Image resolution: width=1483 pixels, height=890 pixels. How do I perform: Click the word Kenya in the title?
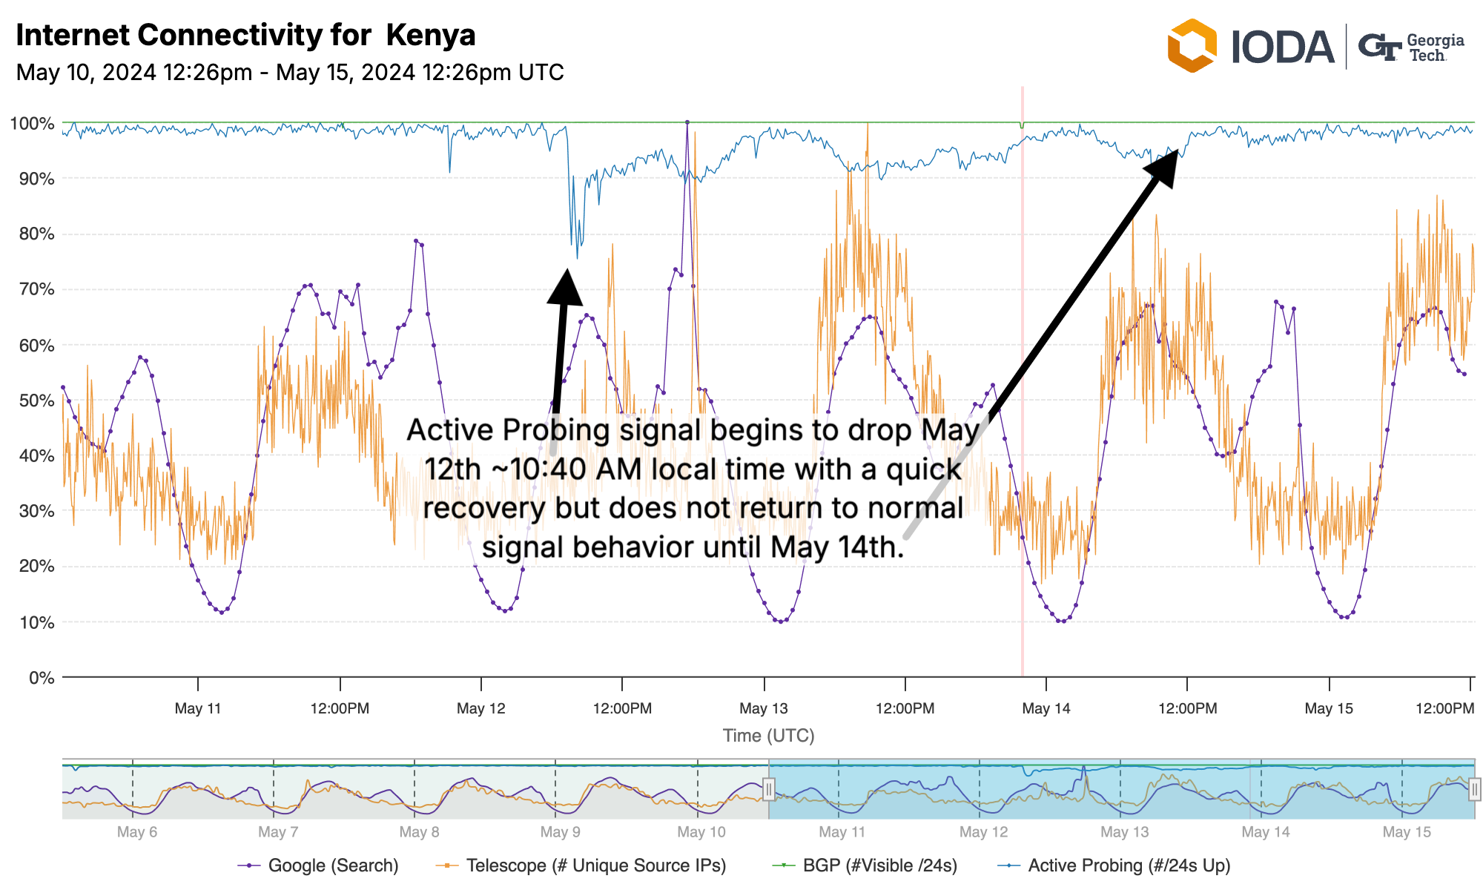pyautogui.click(x=431, y=35)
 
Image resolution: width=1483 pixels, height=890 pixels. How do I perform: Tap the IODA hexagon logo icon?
pyautogui.click(x=1192, y=46)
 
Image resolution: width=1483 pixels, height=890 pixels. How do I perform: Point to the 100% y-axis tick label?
pyautogui.click(x=32, y=123)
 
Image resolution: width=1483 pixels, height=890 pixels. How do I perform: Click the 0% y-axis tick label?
pyautogui.click(x=41, y=678)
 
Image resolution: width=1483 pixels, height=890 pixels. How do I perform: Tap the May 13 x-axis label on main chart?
pyautogui.click(x=764, y=708)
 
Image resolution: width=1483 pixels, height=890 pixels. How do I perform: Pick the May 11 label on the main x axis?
pyautogui.click(x=198, y=708)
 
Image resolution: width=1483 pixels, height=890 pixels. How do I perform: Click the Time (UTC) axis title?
pyautogui.click(x=768, y=736)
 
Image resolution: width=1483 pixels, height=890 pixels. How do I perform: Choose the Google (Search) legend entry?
pyautogui.click(x=332, y=866)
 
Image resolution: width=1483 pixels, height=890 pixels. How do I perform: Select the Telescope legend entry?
pyautogui.click(x=595, y=866)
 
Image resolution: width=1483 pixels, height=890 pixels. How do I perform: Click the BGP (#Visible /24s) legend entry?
pyautogui.click(x=879, y=866)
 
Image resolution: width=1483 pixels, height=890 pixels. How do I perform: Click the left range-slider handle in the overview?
pyautogui.click(x=769, y=789)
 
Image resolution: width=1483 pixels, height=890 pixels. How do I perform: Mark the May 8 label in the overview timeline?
pyautogui.click(x=419, y=832)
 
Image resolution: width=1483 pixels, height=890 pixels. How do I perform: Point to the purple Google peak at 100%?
pyautogui.click(x=687, y=122)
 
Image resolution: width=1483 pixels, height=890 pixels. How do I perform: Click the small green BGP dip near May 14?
pyautogui.click(x=1022, y=126)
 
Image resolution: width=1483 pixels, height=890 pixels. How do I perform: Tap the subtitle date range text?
pyautogui.click(x=290, y=73)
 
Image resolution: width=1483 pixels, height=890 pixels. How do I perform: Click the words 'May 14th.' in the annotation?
pyautogui.click(x=837, y=547)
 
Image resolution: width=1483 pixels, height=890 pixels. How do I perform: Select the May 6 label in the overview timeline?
pyautogui.click(x=137, y=832)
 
